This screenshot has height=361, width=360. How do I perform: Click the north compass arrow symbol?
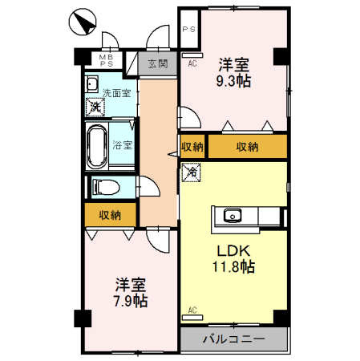81,22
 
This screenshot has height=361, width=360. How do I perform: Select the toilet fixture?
104,186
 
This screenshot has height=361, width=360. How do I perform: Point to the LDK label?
233,249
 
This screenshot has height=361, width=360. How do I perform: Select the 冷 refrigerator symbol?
192,171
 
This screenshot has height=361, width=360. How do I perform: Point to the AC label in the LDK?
192,310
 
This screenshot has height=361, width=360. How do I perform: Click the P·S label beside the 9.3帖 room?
190,30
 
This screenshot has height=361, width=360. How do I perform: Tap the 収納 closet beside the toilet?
110,214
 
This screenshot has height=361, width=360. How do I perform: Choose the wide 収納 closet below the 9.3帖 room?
247,147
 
